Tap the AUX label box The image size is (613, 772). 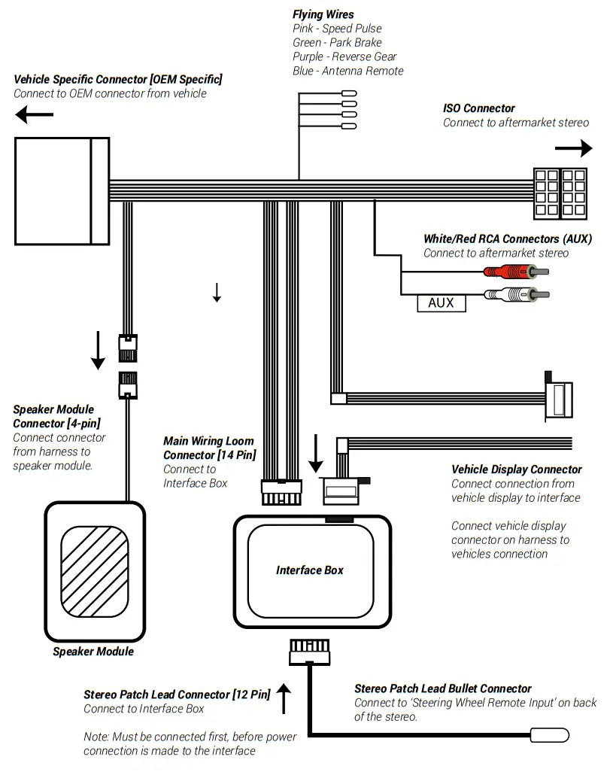[x=441, y=302]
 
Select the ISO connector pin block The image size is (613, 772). [x=560, y=193]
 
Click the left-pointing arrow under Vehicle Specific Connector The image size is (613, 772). [x=35, y=114]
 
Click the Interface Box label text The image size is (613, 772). [x=309, y=570]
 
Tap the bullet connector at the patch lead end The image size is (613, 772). [x=550, y=735]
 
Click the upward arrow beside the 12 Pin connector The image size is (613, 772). [x=284, y=698]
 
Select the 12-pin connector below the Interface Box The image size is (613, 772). [x=309, y=651]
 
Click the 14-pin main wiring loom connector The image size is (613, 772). [x=280, y=493]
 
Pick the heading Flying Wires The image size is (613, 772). [x=323, y=14]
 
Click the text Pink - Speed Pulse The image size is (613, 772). [x=337, y=29]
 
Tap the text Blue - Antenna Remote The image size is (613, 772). [x=347, y=71]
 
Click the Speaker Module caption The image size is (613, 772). [x=93, y=651]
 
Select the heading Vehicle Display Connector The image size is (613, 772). [x=516, y=469]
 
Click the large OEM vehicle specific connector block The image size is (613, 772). [x=62, y=191]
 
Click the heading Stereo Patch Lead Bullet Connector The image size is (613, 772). [x=442, y=688]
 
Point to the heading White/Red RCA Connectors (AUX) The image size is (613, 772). [x=507, y=239]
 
